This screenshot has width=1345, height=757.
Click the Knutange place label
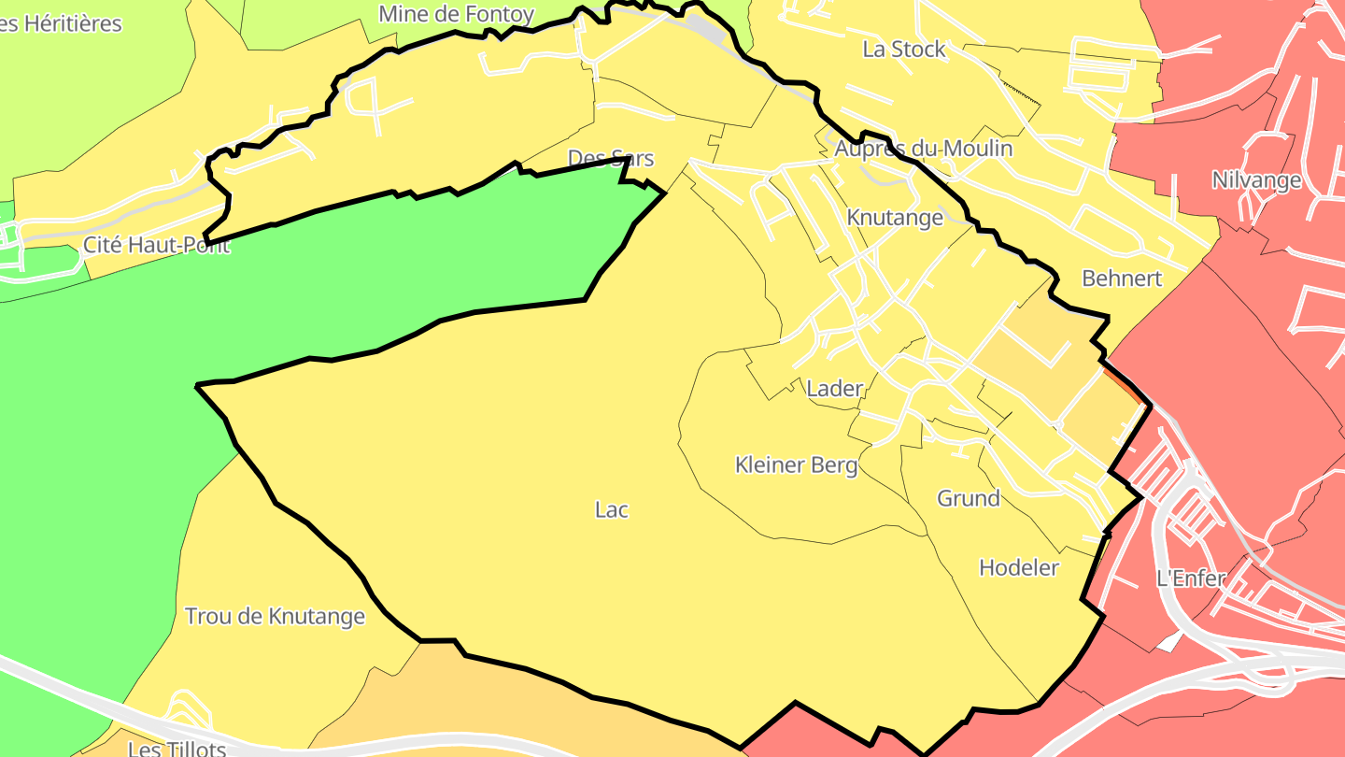[894, 218]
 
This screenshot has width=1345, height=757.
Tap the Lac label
[612, 509]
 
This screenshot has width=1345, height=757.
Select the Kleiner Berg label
[796, 464]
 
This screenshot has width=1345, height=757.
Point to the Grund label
[968, 498]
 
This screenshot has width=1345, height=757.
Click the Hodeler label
[1018, 567]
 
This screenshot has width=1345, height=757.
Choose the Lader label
[834, 388]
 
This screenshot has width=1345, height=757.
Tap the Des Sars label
[611, 158]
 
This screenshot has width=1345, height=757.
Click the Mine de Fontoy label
[456, 14]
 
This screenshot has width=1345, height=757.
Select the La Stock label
[903, 50]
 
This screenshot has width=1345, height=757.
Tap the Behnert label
[1121, 278]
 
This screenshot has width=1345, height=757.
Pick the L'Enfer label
[1190, 578]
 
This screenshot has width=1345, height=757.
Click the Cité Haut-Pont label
[156, 246]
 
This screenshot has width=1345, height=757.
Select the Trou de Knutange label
[275, 617]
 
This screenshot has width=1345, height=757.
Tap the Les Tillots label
[177, 749]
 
